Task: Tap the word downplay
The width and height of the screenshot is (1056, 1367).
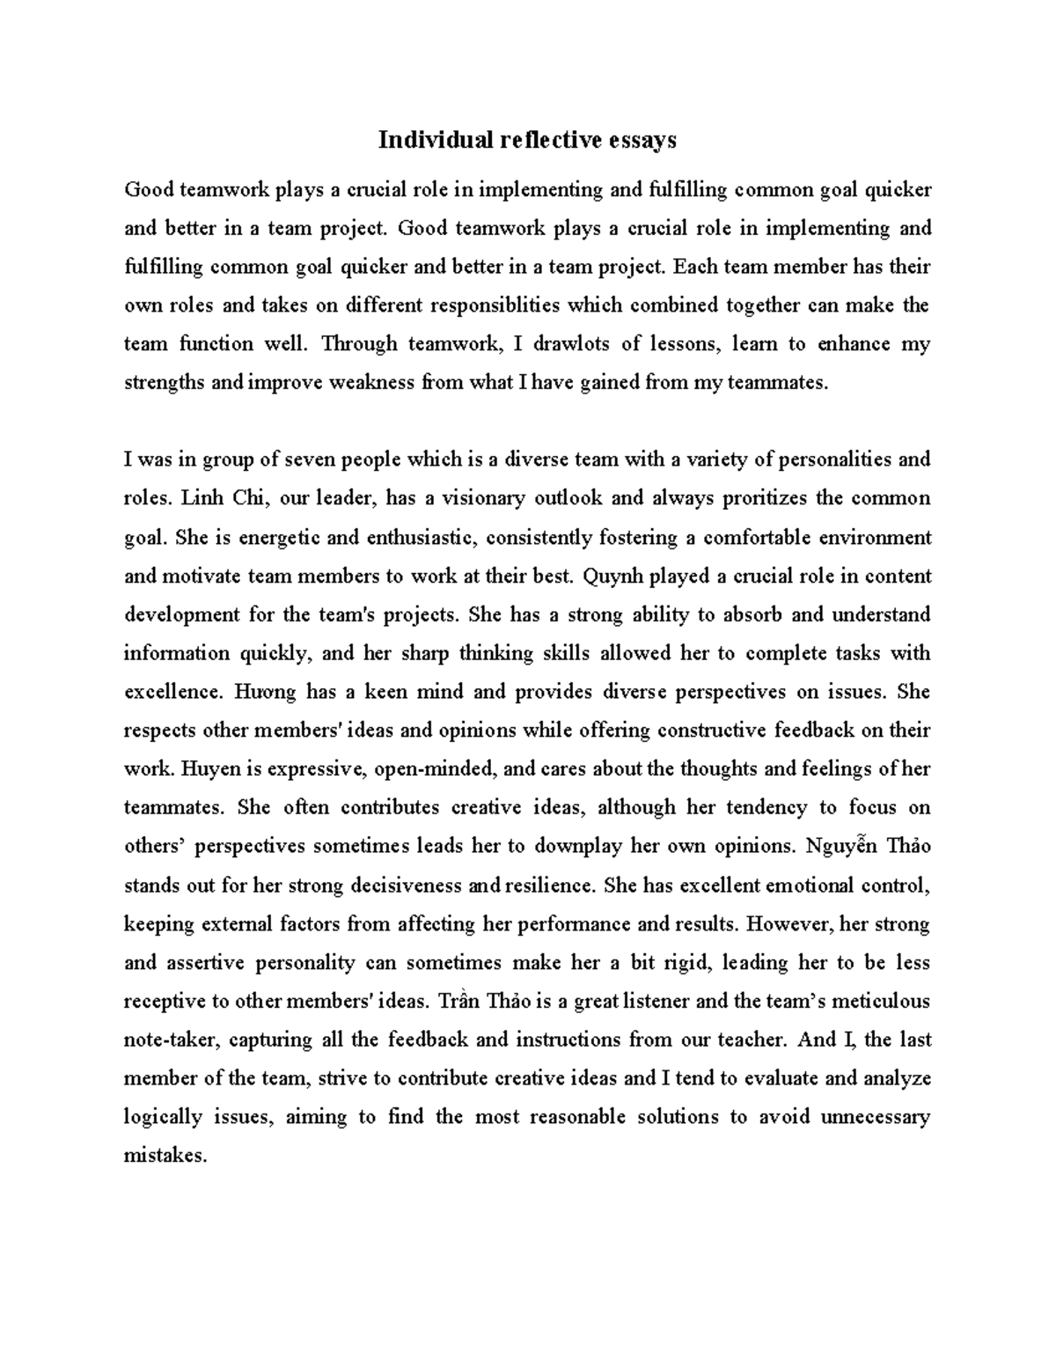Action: click(x=578, y=846)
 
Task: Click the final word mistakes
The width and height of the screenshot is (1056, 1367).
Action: click(x=165, y=1156)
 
